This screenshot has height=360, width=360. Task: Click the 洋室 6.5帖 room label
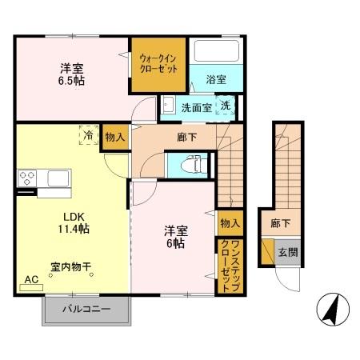point(71,74)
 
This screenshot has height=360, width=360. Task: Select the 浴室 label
point(215,80)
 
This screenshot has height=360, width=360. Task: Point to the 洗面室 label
point(195,107)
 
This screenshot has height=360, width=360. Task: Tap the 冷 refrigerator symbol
point(87,137)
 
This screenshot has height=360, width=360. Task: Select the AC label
point(32,279)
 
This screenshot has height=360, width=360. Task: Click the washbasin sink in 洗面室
point(170,106)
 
